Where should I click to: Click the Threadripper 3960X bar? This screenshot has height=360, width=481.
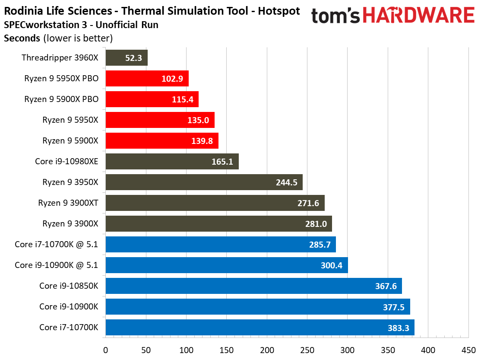pos(127,57)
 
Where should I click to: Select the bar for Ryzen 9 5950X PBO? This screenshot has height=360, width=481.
pos(147,78)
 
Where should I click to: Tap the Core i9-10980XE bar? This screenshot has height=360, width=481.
pos(172,161)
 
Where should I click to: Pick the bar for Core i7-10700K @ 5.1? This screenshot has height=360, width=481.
pos(220,244)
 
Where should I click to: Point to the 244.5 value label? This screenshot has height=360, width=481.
pos(287,182)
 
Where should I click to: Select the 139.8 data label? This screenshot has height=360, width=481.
pos(202,140)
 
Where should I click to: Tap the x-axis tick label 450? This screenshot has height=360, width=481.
pos(468,350)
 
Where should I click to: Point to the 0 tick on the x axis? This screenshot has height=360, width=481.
pos(106,350)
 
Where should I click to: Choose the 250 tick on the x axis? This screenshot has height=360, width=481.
pos(307,350)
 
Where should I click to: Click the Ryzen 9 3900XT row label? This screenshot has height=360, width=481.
pos(68,203)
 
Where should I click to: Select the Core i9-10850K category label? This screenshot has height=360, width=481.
pos(69,286)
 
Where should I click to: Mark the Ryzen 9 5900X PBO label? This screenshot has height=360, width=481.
pos(61,99)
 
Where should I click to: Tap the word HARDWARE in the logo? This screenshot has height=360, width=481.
pos(419,16)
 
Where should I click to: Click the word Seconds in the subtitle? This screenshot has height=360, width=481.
pos(22,38)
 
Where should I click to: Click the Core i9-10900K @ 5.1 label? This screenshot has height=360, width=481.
pos(57,265)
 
